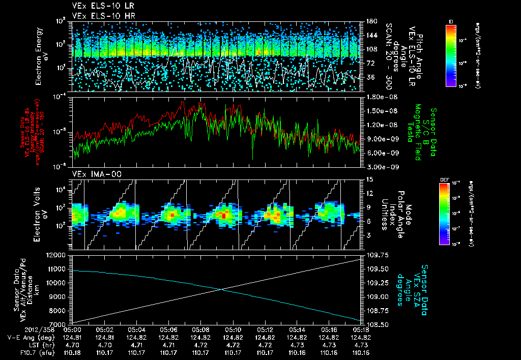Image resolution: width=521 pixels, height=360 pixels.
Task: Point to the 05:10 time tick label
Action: [x=233, y=329]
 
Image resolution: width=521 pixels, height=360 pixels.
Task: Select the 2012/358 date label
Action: [x=18, y=329]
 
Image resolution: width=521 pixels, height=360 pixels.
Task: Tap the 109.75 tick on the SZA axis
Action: [x=376, y=255]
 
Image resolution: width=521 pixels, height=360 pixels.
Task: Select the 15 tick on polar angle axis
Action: [x=369, y=179]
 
